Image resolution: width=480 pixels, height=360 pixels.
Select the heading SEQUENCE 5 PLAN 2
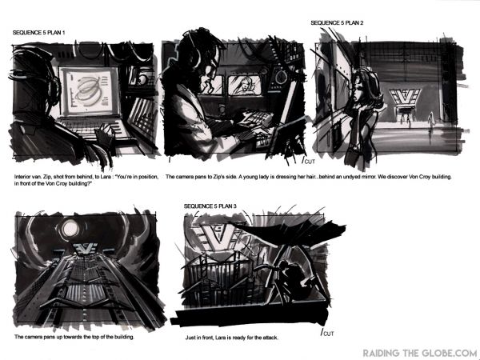click(x=338, y=23)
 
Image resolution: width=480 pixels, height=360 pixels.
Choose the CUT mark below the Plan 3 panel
click(x=326, y=332)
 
